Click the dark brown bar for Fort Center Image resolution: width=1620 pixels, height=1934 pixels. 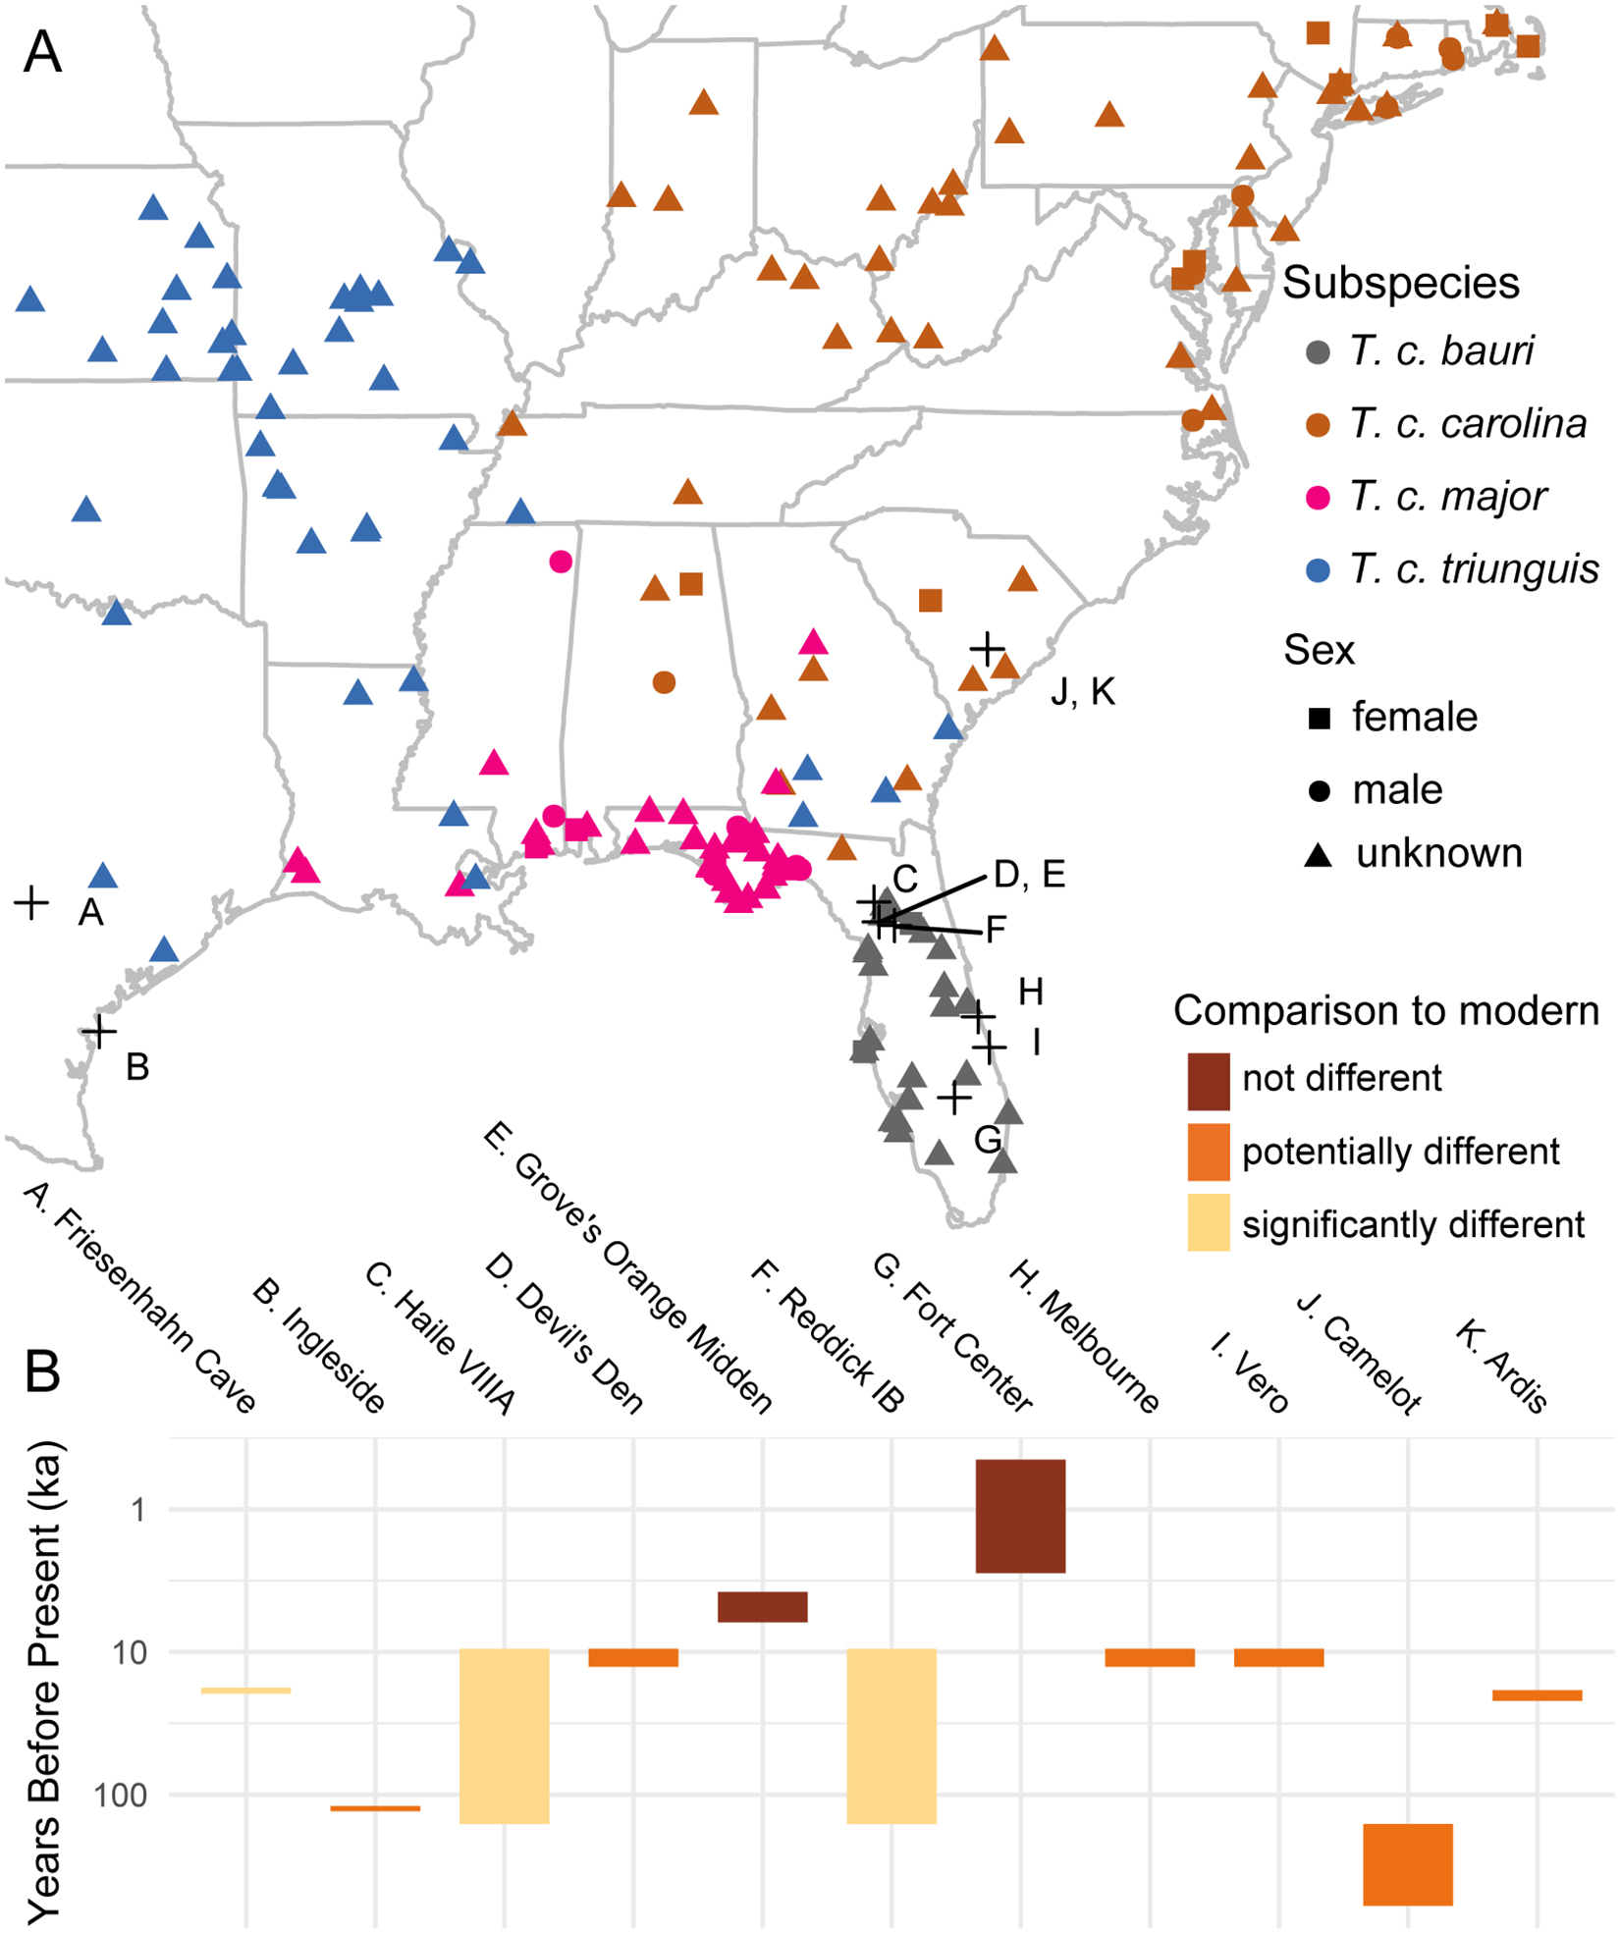(x=1020, y=1516)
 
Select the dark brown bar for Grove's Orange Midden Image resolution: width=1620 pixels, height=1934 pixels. (x=762, y=1607)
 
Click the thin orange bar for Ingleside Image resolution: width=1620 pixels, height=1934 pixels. (x=375, y=1807)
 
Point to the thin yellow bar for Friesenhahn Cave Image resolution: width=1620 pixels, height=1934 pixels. (x=245, y=1690)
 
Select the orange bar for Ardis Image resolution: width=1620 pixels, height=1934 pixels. (x=1537, y=1694)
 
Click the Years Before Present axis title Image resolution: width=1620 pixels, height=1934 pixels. (x=44, y=1679)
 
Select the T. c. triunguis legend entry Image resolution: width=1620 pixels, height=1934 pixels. (x=1473, y=569)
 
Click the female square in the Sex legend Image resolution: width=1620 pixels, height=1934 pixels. (x=1320, y=719)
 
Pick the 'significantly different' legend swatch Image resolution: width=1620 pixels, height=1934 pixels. (x=1209, y=1222)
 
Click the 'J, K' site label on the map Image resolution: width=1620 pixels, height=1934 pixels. (x=1082, y=691)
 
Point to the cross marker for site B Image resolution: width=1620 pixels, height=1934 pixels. (x=99, y=1031)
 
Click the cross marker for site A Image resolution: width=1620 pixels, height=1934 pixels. (x=31, y=902)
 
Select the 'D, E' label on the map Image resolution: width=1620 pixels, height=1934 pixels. (x=1028, y=874)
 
